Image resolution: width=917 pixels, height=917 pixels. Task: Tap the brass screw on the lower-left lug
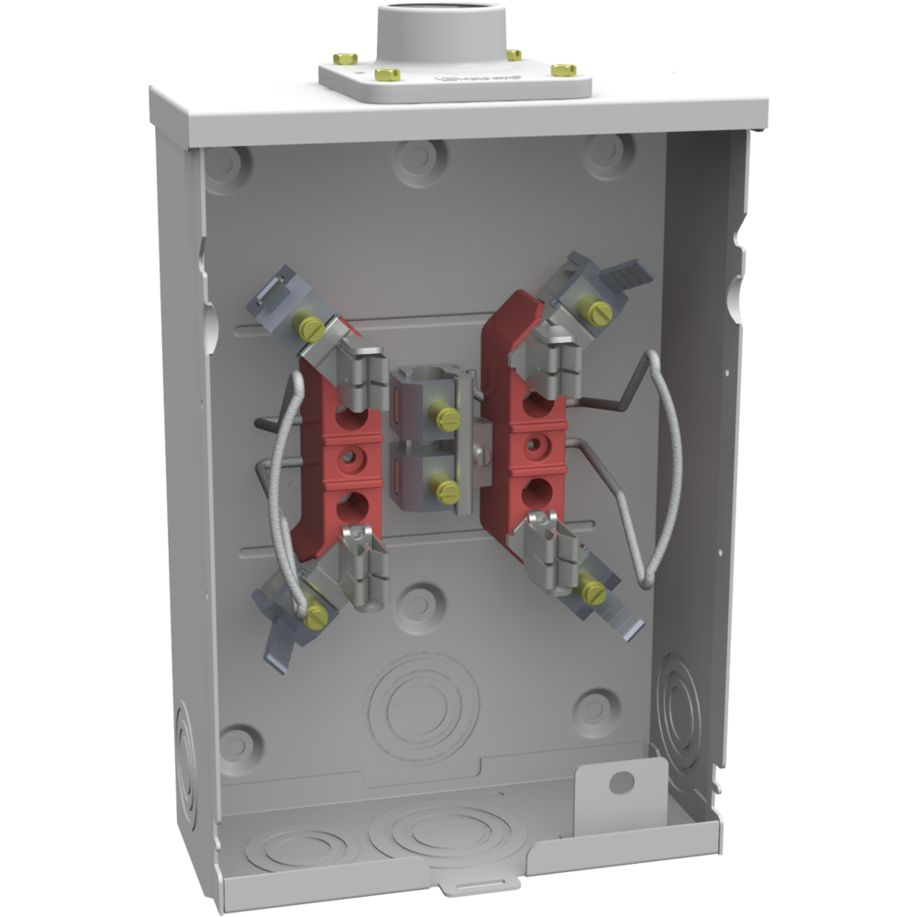tap(315, 613)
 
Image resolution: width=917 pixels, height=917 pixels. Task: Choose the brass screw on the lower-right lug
tap(591, 591)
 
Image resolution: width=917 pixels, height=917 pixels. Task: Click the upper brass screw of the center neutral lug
tap(447, 418)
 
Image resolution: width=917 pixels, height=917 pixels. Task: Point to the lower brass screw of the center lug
tap(447, 492)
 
